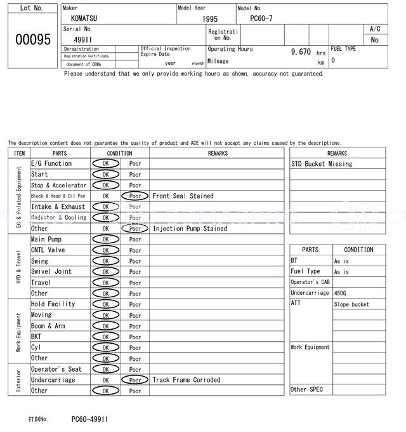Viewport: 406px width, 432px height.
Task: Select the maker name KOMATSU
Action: click(84, 19)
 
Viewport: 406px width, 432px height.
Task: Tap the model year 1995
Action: click(210, 19)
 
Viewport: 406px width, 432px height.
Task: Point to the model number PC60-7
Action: click(261, 19)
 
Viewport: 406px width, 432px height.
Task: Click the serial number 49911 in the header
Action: click(83, 39)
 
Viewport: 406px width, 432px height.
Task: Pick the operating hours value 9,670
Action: click(301, 51)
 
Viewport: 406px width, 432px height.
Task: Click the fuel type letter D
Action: click(333, 61)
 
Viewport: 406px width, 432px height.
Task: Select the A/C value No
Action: click(374, 39)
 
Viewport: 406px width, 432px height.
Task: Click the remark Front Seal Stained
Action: click(183, 196)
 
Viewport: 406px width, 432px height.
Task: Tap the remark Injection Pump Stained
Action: click(190, 229)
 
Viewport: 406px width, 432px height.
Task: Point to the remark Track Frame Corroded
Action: click(187, 380)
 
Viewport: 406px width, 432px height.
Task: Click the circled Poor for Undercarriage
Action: click(134, 381)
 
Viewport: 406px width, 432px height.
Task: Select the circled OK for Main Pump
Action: click(105, 240)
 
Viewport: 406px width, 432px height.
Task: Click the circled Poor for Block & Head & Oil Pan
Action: click(134, 196)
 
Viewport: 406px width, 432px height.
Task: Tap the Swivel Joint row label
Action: click(51, 272)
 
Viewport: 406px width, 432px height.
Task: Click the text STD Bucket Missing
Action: click(322, 164)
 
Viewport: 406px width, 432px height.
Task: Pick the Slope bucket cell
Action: click(351, 304)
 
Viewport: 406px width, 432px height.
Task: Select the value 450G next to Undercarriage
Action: click(341, 293)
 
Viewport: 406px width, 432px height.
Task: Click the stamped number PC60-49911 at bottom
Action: click(89, 419)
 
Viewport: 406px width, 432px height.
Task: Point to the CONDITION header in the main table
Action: click(119, 153)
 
